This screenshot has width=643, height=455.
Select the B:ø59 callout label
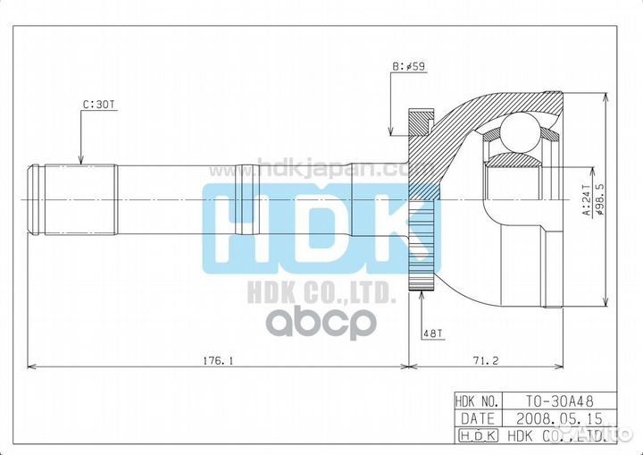coord(408,65)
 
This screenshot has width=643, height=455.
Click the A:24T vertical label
coord(586,201)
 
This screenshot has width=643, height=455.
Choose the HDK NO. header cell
coord(480,400)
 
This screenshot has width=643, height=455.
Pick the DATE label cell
coord(480,417)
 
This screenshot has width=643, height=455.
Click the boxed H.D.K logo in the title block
coord(480,435)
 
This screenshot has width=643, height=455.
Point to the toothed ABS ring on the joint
coord(420,201)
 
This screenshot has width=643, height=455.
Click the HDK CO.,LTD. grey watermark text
coord(321,291)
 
